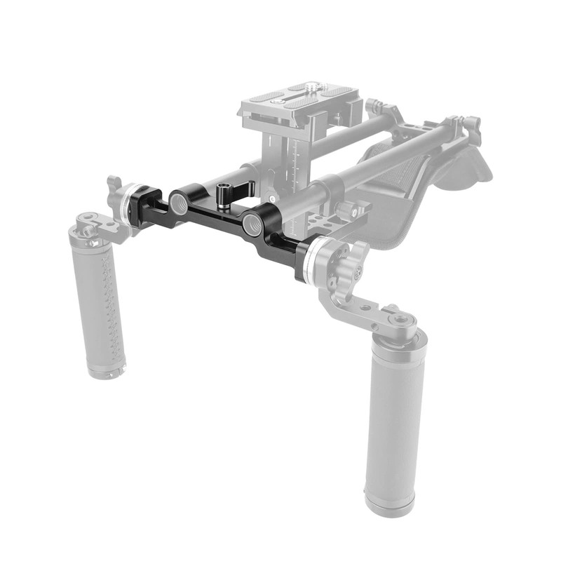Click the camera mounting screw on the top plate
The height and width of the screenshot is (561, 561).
click(309, 88)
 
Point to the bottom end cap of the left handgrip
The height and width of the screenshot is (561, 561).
click(107, 370)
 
